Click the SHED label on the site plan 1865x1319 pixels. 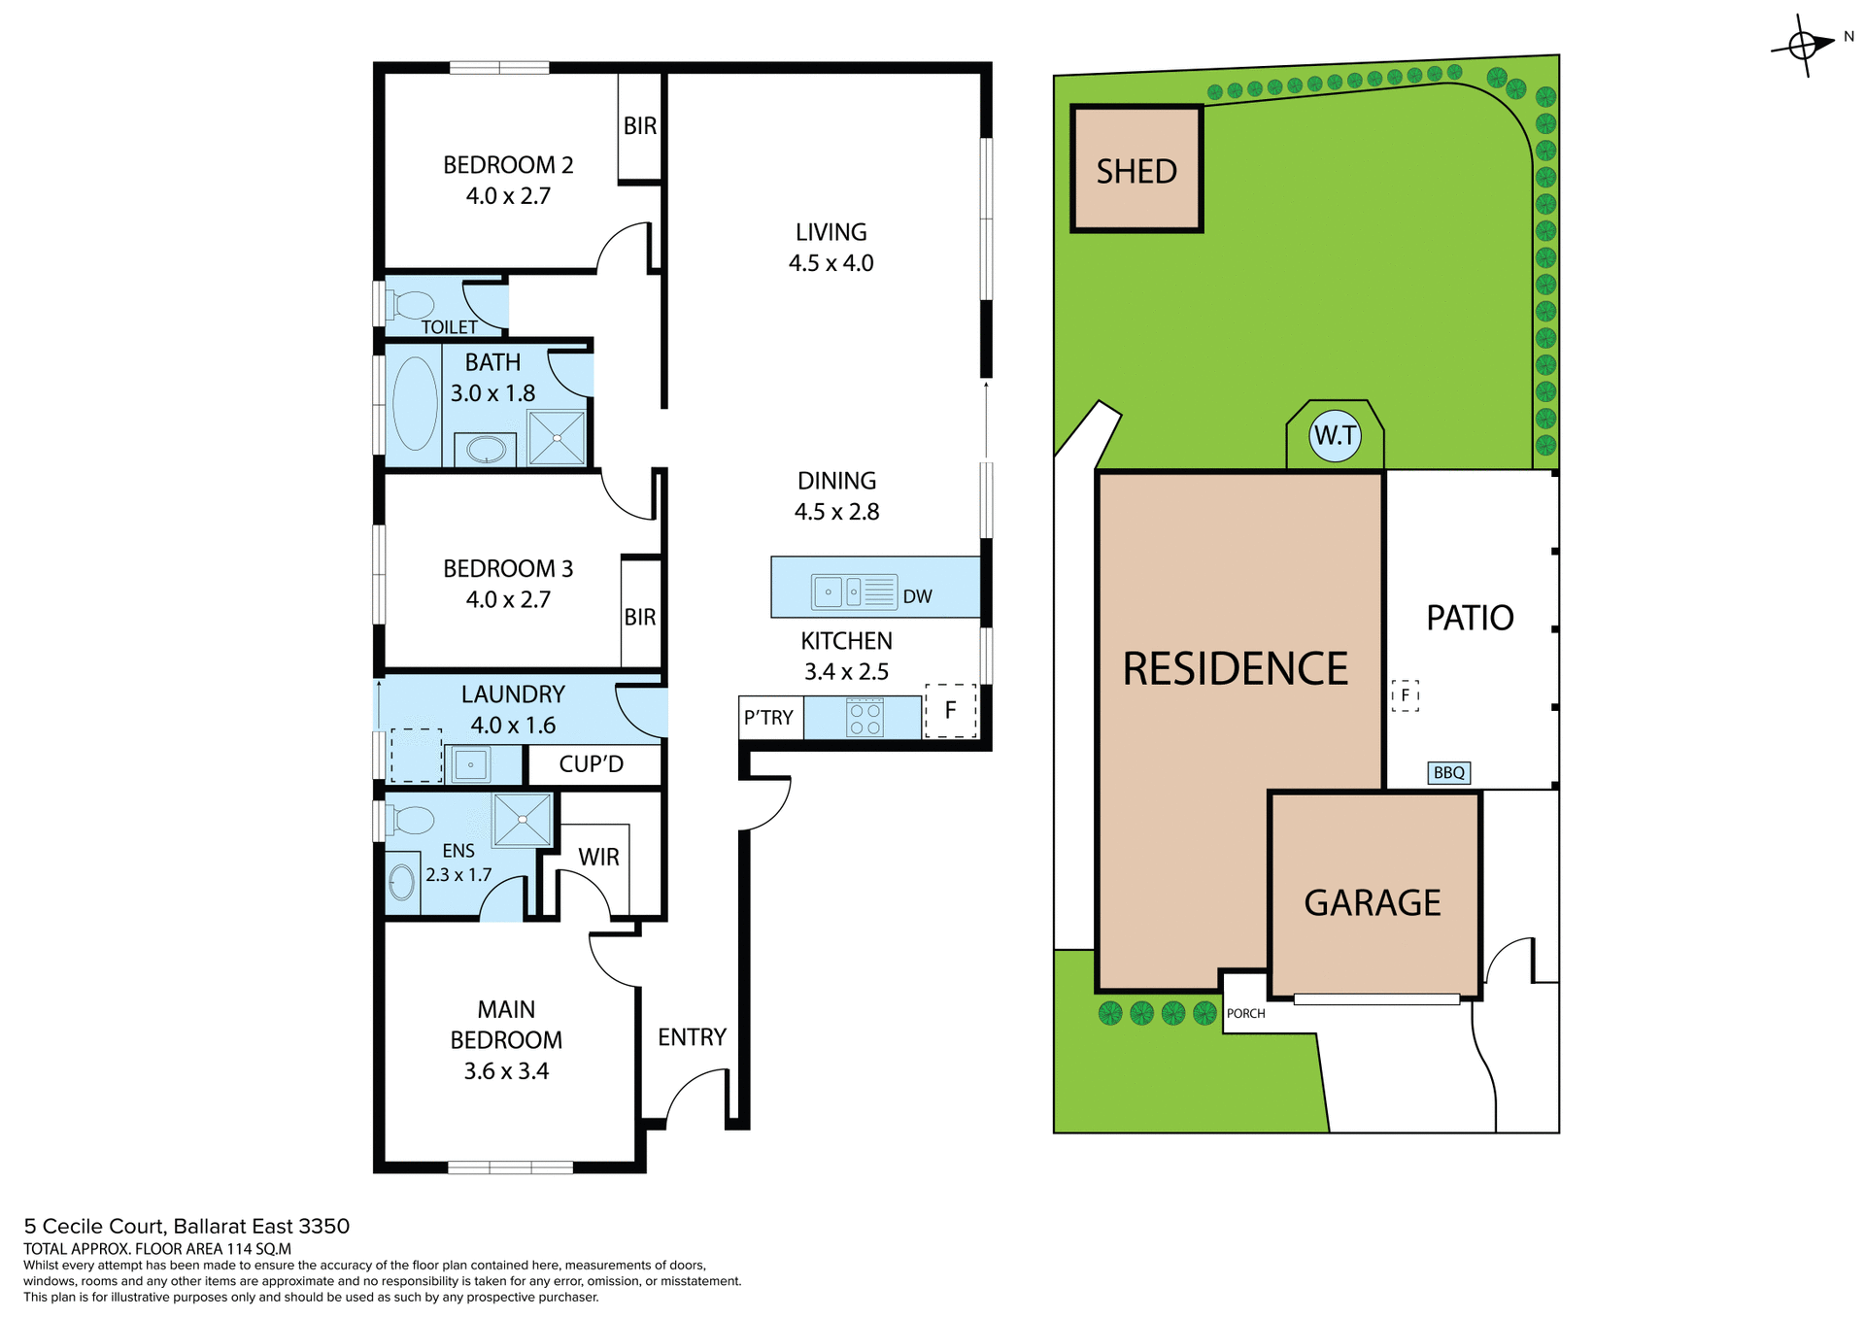(x=1136, y=172)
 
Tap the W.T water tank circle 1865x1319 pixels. (x=1335, y=435)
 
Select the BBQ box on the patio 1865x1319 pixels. (x=1448, y=772)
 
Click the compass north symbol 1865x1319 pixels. (x=1803, y=45)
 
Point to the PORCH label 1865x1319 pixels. (x=1245, y=1013)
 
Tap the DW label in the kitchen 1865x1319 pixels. (x=917, y=596)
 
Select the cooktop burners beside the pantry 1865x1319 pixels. (x=865, y=719)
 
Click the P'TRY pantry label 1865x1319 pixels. (x=768, y=718)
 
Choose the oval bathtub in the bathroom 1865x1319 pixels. (x=415, y=403)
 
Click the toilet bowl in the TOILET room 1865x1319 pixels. (x=412, y=304)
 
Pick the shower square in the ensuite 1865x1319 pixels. (x=523, y=819)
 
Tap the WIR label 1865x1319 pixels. (x=598, y=857)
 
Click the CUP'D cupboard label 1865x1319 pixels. (x=591, y=764)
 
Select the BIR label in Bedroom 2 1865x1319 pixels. (x=639, y=126)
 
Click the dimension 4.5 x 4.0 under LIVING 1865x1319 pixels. (x=831, y=263)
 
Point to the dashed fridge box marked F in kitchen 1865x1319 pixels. (x=950, y=710)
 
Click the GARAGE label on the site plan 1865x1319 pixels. (x=1372, y=902)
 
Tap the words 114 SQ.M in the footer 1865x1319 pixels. (x=258, y=1249)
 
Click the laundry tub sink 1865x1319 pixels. (x=471, y=764)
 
